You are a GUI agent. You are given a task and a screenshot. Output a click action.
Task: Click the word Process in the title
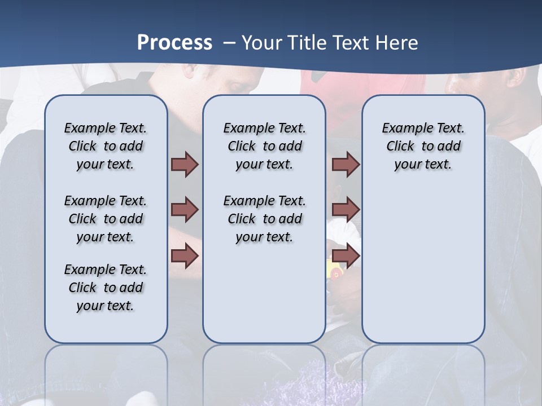(x=174, y=42)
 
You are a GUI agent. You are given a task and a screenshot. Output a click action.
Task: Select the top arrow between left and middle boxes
(x=185, y=164)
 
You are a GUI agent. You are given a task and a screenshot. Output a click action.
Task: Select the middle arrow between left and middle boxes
(x=185, y=210)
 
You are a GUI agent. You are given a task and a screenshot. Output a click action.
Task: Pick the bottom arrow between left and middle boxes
(x=185, y=256)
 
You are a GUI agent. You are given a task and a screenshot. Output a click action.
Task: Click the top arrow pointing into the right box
(x=346, y=164)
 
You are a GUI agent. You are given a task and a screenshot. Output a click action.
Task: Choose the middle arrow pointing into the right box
(x=346, y=210)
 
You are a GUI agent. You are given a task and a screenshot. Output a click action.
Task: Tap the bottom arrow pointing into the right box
(x=346, y=256)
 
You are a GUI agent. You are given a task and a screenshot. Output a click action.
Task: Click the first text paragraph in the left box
(x=106, y=146)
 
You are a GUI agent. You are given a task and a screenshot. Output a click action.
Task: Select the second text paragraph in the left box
(x=106, y=219)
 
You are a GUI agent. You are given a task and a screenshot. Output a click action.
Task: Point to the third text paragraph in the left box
(x=106, y=288)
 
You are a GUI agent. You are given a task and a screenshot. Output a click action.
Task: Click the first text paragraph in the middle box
(x=264, y=146)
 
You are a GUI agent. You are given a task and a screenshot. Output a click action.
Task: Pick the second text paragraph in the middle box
(x=264, y=219)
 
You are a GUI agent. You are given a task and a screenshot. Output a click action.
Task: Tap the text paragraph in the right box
(x=423, y=146)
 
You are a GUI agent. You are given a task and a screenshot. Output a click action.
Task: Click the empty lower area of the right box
(x=423, y=265)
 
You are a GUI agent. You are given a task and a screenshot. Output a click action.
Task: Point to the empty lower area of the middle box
(x=264, y=293)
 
